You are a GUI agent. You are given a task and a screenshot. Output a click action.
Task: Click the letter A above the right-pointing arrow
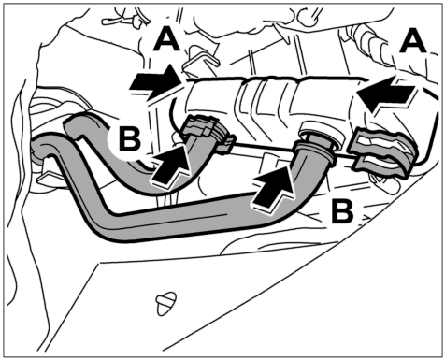click(167, 41)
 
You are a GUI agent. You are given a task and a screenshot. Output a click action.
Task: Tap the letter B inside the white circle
click(130, 139)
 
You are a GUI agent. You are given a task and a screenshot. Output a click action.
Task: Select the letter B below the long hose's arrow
click(342, 211)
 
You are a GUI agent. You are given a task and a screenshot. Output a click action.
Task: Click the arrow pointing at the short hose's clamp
click(171, 165)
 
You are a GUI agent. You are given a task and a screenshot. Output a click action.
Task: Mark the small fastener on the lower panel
click(166, 303)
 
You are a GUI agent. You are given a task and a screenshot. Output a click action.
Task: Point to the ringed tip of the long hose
click(315, 152)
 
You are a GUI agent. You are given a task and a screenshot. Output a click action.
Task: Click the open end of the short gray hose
click(73, 124)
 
